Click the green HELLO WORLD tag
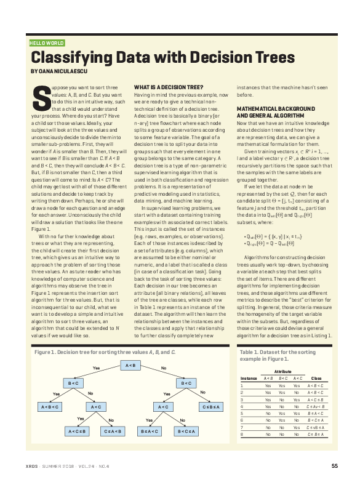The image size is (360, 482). tap(46, 43)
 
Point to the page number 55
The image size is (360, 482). tap(334, 465)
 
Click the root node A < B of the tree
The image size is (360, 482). tap(130, 366)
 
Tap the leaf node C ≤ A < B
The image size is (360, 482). tap(114, 430)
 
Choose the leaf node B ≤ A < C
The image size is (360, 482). tap(150, 430)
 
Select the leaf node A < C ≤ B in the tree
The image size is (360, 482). tap(78, 430)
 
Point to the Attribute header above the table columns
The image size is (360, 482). tap(282, 371)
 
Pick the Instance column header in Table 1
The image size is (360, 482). tap(249, 377)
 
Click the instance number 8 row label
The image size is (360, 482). tap(242, 434)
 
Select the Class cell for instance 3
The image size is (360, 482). tap(316, 399)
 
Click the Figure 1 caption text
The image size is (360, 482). tap(105, 351)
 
